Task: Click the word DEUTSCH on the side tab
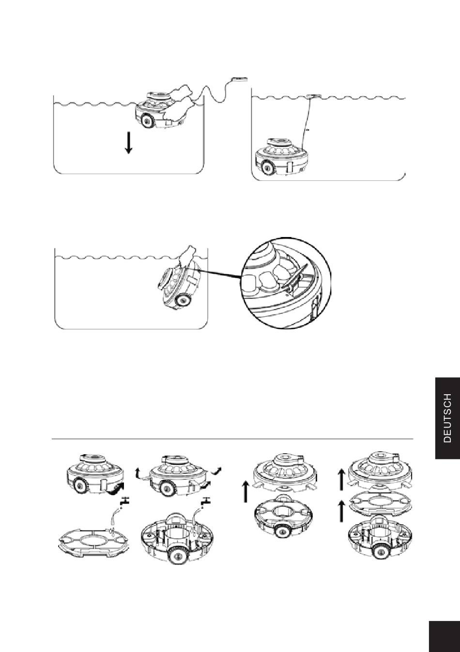[x=447, y=418]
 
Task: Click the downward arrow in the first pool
[x=128, y=143]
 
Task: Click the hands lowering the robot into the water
[x=177, y=102]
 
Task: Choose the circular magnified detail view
[x=286, y=282]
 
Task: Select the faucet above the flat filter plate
[x=124, y=502]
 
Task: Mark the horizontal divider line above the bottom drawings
[x=232, y=438]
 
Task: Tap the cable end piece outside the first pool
[x=240, y=78]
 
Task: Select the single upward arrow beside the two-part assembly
[x=246, y=492]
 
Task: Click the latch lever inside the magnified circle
[x=295, y=278]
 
